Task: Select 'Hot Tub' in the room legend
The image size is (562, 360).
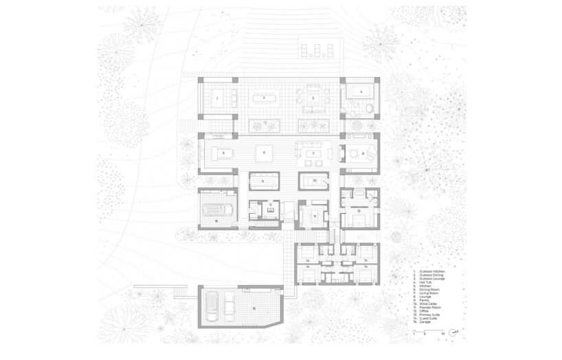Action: [x=425, y=280]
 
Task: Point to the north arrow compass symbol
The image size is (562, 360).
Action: [x=456, y=333]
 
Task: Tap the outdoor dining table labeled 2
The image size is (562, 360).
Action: [x=263, y=98]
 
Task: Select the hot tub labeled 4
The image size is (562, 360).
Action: [x=359, y=91]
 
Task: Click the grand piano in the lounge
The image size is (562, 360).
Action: [x=359, y=153]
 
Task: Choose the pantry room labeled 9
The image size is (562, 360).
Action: [x=263, y=181]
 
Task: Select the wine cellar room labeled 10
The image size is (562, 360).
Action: [x=313, y=181]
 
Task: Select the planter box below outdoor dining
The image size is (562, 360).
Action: [x=265, y=125]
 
